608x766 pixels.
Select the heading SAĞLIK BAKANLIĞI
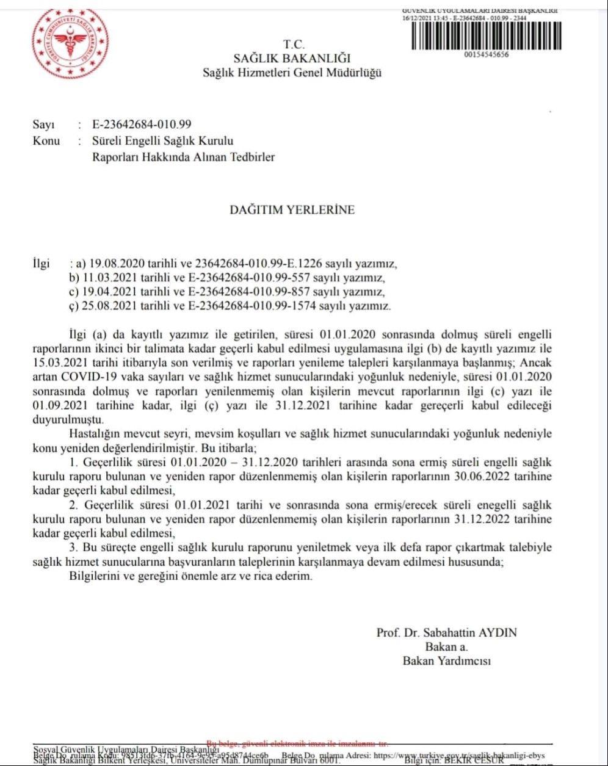[292, 59]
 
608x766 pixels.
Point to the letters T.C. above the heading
[293, 44]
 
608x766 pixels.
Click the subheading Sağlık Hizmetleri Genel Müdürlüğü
[292, 73]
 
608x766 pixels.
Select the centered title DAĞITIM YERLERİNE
[292, 209]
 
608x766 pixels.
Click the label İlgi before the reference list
[41, 265]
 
